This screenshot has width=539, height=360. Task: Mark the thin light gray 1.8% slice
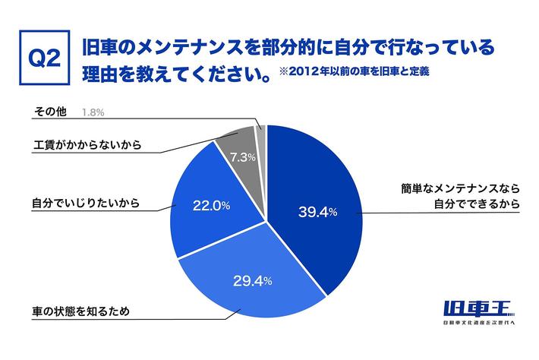tap(261, 128)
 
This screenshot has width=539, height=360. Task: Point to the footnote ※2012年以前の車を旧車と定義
tap(345, 74)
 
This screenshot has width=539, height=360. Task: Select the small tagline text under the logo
tap(478, 325)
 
